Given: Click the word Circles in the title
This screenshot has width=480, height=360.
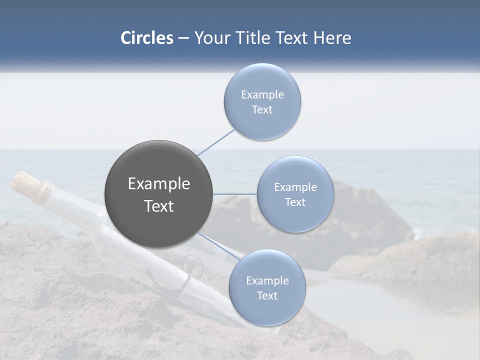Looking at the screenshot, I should click(x=146, y=38).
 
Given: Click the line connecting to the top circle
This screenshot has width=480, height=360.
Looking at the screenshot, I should click(x=216, y=142).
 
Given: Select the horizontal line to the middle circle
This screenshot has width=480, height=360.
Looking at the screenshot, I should click(x=234, y=194).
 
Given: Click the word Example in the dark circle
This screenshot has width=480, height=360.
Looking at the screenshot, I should click(x=159, y=184).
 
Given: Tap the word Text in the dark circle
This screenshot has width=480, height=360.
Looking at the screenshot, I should click(x=159, y=206).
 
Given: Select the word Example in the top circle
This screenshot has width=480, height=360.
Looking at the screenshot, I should click(x=262, y=94).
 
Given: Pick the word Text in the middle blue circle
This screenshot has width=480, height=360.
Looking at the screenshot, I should click(x=295, y=202).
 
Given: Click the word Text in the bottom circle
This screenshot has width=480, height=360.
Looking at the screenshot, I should click(x=267, y=295).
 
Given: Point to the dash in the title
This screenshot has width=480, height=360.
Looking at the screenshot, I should click(x=183, y=38).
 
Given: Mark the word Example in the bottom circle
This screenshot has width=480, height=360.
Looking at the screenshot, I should click(x=267, y=280).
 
